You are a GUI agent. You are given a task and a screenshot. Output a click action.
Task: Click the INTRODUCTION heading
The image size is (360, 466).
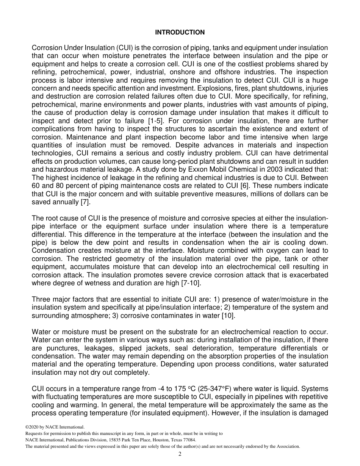[180, 33]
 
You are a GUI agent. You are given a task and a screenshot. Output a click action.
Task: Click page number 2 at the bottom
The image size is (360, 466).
[180, 454]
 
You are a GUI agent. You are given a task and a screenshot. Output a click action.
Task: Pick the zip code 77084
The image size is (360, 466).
[189, 440]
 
